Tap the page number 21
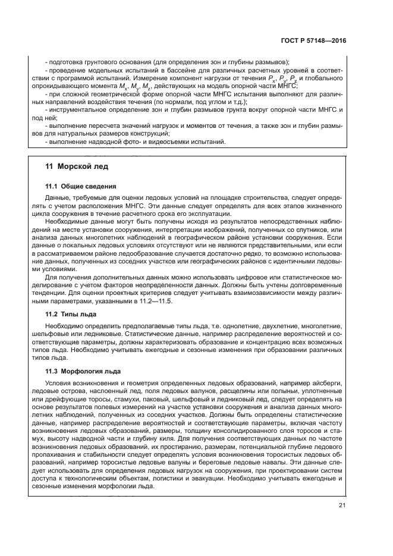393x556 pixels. pos(341,505)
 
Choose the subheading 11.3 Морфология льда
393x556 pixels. pos(83,371)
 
